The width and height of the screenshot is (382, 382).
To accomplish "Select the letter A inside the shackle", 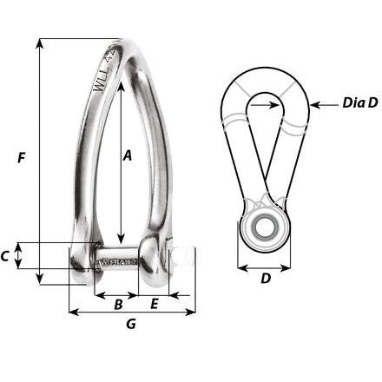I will [127, 156].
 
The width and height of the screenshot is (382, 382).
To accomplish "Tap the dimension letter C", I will [7, 256].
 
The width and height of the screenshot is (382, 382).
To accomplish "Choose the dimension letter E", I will [155, 304].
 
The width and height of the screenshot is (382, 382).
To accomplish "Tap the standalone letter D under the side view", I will [266, 280].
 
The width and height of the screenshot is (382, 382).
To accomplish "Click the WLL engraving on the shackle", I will [103, 76].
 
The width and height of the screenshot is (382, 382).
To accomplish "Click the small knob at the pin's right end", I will [181, 257].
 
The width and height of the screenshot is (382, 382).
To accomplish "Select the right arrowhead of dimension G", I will [189, 313].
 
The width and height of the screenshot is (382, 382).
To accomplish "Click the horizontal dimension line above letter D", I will [266, 265].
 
